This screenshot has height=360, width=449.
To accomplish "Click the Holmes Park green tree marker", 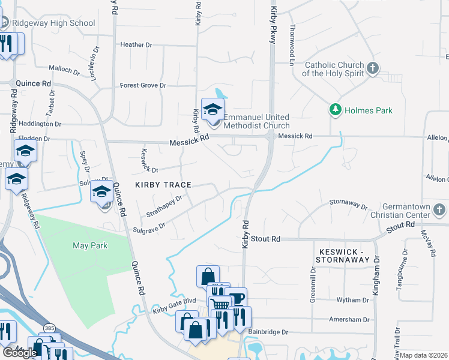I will coord(335,110).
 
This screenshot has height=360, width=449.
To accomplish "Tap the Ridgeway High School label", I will coord(52,23).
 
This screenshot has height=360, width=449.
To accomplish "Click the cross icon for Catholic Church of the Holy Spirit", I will coord(373,68).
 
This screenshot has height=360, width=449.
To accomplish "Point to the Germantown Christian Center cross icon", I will coord(439,209).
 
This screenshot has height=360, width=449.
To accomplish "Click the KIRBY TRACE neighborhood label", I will coord(163,185).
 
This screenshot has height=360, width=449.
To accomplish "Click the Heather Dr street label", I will coord(136,45).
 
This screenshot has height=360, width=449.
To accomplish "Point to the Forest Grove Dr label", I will coord(143,86).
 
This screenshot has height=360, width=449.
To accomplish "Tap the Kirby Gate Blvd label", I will coord(175,307).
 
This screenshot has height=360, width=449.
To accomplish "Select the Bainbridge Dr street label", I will coord(268,332).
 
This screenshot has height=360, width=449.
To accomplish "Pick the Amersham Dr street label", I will coord(349,320).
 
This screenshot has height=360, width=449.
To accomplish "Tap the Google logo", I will coord(20,353).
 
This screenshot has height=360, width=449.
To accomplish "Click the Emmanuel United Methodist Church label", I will coord(256,121).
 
